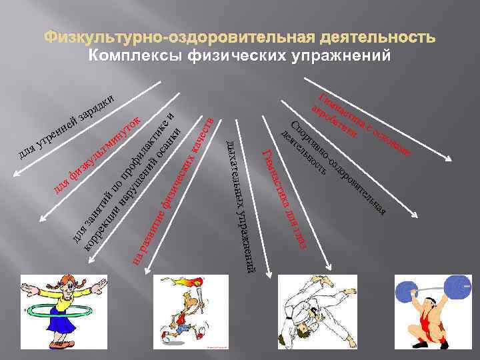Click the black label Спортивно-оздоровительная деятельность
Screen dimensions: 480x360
pos(333,167)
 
